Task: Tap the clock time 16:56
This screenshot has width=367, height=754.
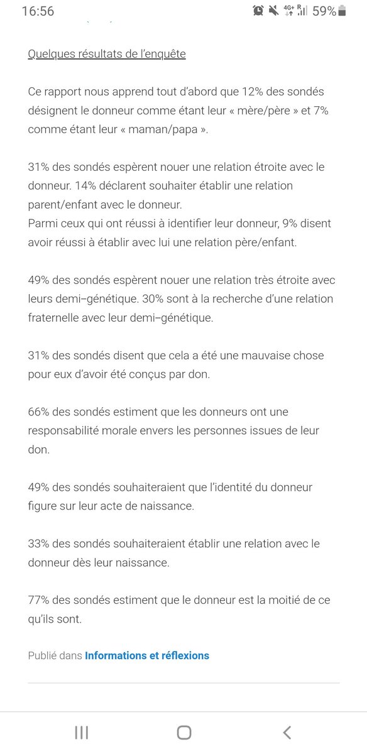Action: click(x=38, y=11)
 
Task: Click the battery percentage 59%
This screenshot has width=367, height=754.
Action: click(x=324, y=11)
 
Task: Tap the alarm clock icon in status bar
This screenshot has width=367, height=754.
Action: click(x=258, y=11)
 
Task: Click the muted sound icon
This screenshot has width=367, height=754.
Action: click(x=273, y=11)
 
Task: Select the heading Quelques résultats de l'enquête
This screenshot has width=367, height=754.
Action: click(x=107, y=54)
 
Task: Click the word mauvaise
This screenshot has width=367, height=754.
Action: click(x=258, y=356)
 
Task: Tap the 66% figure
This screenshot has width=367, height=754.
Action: click(x=39, y=412)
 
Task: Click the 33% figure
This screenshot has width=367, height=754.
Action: click(x=39, y=544)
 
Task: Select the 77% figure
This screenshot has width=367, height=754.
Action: click(x=39, y=601)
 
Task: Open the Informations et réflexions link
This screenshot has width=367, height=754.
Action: click(x=147, y=656)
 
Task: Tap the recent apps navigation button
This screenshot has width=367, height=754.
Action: click(x=81, y=732)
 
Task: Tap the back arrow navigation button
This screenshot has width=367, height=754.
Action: click(x=287, y=732)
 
